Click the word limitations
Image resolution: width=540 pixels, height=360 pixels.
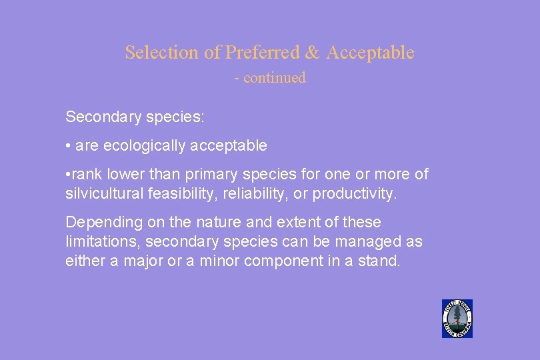tap(101, 241)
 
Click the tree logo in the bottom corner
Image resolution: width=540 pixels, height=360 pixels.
tap(457, 319)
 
